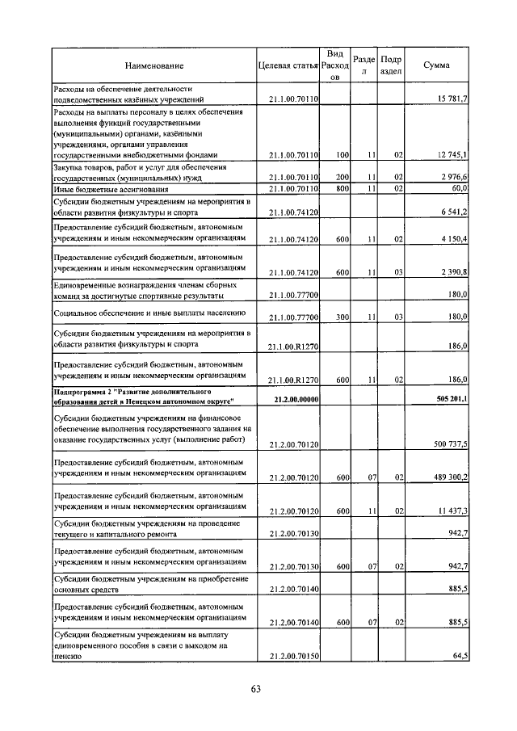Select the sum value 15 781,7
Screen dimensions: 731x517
point(452,99)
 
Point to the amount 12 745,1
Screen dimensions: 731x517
point(452,153)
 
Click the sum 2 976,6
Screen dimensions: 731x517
point(452,176)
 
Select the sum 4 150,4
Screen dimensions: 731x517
point(452,240)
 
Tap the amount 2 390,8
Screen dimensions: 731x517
point(452,272)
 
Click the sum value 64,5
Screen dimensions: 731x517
point(460,657)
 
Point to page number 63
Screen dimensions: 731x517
point(256,689)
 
